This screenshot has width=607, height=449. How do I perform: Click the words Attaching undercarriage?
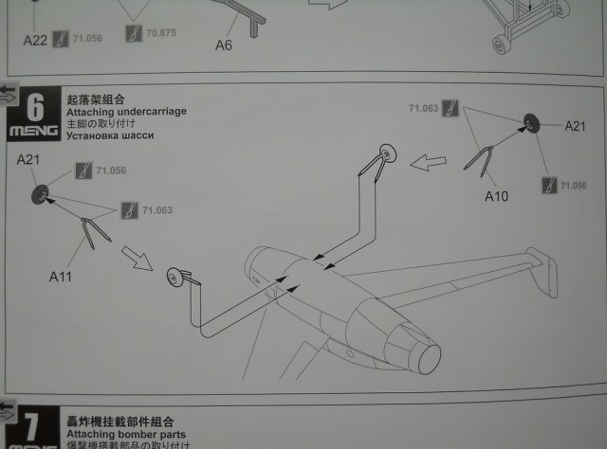click(x=126, y=112)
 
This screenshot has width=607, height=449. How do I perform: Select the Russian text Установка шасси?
click(x=109, y=135)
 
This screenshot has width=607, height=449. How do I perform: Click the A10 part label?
click(x=497, y=197)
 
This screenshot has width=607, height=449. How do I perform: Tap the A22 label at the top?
click(x=36, y=40)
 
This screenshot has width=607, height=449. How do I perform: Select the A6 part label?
click(x=224, y=44)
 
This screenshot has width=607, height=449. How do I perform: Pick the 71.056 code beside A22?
click(x=86, y=39)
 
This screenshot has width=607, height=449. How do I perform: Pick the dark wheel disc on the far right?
click(x=531, y=123)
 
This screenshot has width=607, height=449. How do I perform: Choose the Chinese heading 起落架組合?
click(x=96, y=99)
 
